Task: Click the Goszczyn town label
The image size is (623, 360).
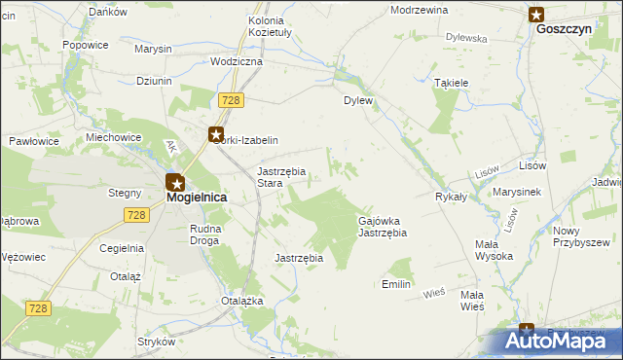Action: tap(564, 30)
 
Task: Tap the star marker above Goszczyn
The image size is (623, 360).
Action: tap(536, 14)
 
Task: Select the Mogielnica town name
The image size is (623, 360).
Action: tap(197, 197)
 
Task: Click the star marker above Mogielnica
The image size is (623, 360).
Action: tap(174, 181)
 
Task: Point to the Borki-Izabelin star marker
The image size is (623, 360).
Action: tap(216, 135)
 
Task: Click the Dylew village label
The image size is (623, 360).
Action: tap(358, 100)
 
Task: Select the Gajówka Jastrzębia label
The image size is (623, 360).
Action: tap(382, 227)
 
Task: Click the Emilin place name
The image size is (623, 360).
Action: tap(396, 284)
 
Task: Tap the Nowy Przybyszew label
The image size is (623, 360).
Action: tap(581, 236)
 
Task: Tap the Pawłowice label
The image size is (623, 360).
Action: tap(34, 141)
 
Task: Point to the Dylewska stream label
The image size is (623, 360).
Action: tap(466, 38)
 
